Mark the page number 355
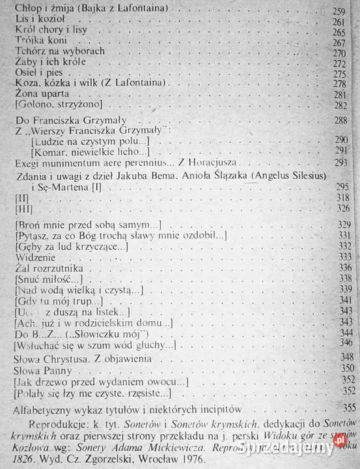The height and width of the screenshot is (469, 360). pyautogui.click(x=350, y=408)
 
